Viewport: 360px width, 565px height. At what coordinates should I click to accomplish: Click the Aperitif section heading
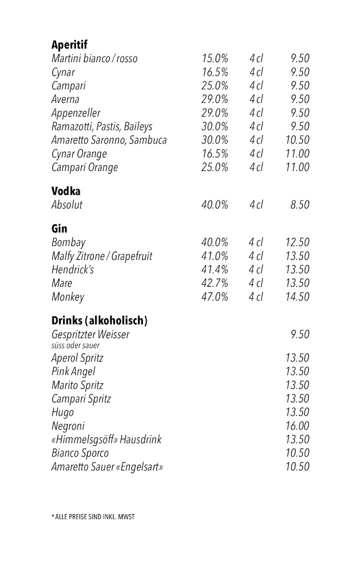[69, 45]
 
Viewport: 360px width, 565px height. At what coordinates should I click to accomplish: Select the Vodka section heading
[66, 191]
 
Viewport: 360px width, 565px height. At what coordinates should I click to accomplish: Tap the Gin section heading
[59, 229]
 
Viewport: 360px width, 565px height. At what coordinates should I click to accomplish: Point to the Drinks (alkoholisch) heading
[99, 321]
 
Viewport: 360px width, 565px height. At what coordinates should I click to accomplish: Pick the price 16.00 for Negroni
[297, 426]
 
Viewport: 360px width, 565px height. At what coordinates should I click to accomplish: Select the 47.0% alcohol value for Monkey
[215, 297]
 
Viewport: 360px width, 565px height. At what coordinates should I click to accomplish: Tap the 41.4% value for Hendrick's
[215, 270]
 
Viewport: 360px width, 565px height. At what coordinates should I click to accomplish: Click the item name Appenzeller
[76, 113]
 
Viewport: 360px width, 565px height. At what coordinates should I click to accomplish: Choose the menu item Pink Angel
[73, 371]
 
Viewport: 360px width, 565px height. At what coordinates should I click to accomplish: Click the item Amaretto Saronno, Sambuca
[109, 140]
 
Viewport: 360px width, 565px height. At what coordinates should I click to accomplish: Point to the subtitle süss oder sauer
[75, 346]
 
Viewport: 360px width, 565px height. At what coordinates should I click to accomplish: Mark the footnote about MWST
[93, 517]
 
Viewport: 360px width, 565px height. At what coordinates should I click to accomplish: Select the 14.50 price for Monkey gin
[297, 297]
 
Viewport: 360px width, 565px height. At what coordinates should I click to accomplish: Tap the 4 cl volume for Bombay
[256, 242]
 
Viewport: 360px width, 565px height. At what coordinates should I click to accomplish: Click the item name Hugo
[63, 412]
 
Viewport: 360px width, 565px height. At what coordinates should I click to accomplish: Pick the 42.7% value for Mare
[215, 283]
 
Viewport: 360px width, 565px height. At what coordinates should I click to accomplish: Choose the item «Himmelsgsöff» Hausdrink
[106, 439]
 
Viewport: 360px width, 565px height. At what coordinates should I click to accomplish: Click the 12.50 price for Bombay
[297, 242]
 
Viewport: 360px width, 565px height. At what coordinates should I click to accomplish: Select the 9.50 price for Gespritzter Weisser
[300, 334]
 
